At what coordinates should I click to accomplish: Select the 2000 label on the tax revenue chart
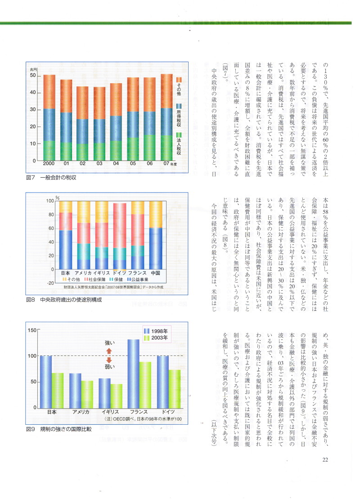(49, 163)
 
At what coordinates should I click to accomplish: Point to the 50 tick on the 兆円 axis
(33, 76)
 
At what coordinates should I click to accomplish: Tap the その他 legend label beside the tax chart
(179, 89)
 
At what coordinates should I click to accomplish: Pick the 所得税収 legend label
(179, 118)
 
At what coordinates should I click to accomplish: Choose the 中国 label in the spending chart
(156, 273)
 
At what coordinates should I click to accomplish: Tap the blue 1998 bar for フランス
(133, 373)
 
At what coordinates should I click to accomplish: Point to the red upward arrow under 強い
(108, 351)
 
